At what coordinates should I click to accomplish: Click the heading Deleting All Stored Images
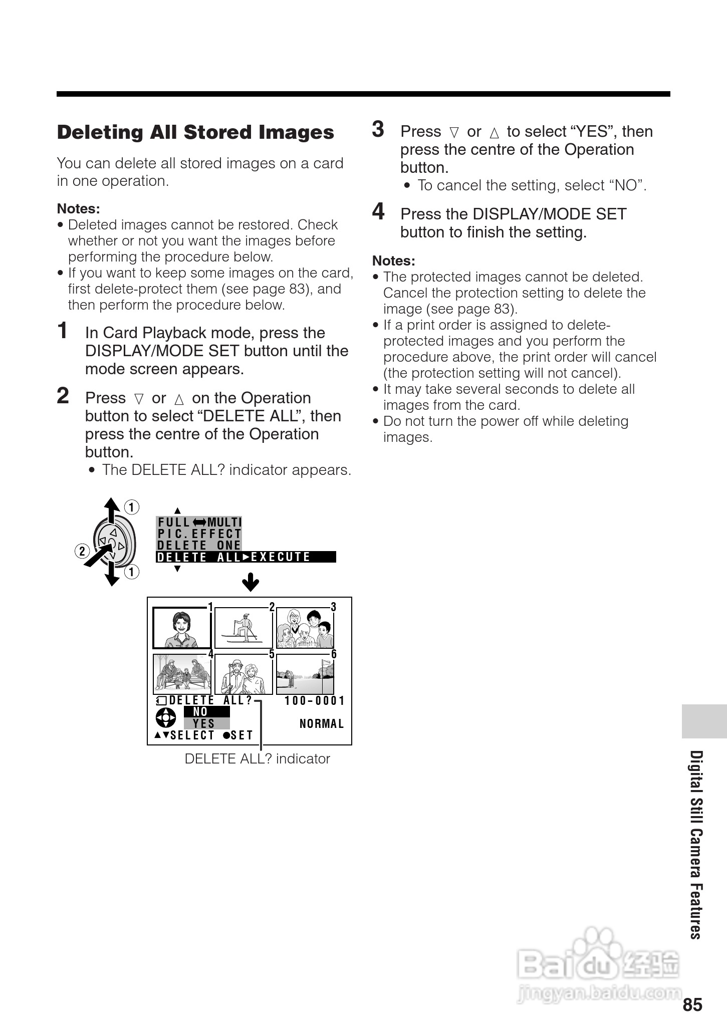click(195, 132)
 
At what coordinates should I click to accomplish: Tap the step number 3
click(378, 129)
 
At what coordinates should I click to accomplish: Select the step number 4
click(378, 211)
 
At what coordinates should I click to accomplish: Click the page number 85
click(692, 1005)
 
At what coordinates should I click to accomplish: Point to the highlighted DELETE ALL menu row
click(246, 557)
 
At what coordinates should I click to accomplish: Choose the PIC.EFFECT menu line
click(199, 534)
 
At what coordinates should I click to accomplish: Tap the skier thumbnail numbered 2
click(244, 628)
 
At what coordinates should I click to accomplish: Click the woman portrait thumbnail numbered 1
click(181, 628)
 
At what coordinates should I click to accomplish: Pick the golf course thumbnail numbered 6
click(305, 674)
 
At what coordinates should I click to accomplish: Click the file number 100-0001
click(315, 701)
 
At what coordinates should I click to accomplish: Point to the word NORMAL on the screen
click(322, 724)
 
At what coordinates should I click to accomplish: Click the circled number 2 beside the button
click(82, 552)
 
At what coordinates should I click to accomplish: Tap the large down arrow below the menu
click(251, 583)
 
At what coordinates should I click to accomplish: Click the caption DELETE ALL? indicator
click(257, 759)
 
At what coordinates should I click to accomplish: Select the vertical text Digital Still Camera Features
click(695, 845)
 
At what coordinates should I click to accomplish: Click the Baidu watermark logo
click(599, 964)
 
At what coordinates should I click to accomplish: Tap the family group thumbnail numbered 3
click(305, 628)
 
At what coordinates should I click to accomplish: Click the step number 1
click(63, 331)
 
